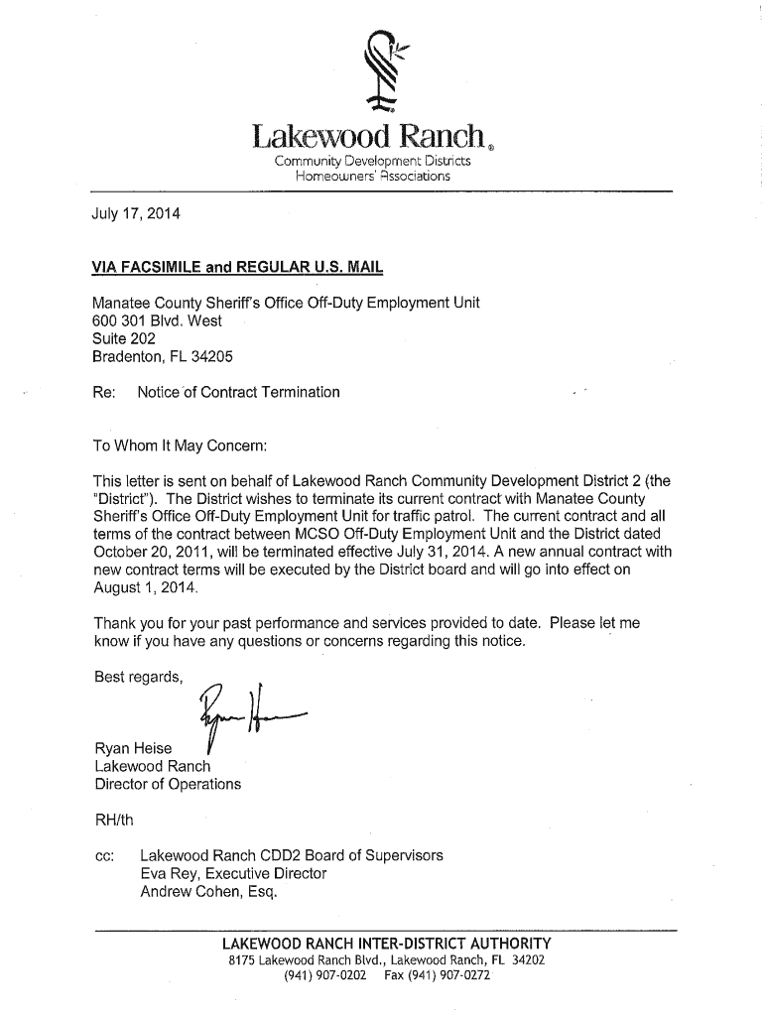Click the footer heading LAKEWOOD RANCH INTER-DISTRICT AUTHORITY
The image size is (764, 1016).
[x=386, y=943]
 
